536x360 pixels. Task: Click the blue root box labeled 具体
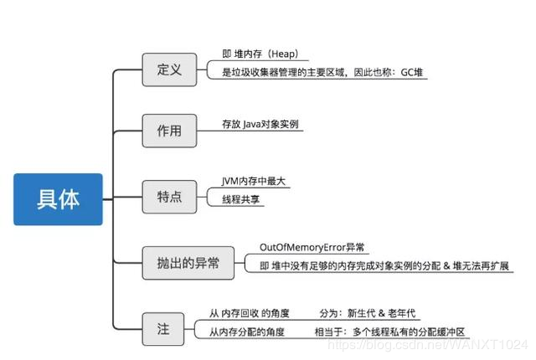(58, 199)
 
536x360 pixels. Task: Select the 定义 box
(169, 69)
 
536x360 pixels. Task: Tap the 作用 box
(169, 132)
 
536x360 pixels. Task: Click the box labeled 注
(162, 328)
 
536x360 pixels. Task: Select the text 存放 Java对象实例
(260, 124)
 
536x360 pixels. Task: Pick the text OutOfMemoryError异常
(312, 247)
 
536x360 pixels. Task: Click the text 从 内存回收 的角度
(250, 313)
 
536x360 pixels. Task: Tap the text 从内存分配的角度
(247, 332)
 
